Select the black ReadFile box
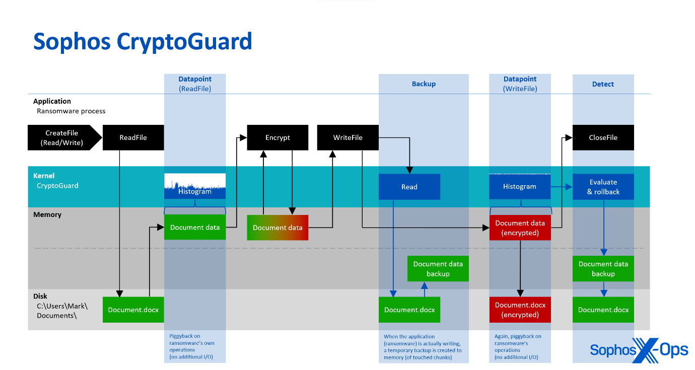(133, 137)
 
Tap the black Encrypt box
(277, 137)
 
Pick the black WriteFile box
(347, 137)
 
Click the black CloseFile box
(603, 137)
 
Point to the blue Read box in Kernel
(409, 187)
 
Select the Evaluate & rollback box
(603, 187)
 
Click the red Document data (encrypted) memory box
(520, 228)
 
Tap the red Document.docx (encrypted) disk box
(520, 310)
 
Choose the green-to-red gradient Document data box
(277, 228)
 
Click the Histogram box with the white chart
(195, 186)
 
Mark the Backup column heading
(424, 84)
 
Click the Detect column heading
(603, 84)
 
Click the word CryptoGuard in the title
(184, 41)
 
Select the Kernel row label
(44, 176)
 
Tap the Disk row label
(40, 296)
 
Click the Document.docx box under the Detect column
(603, 310)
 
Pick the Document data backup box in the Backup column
(438, 269)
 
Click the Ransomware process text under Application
(71, 111)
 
